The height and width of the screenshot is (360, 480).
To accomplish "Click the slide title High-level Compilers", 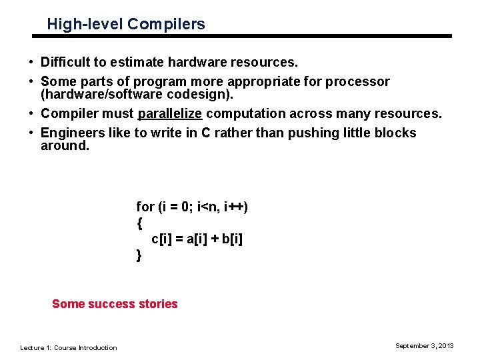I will pos(126,25).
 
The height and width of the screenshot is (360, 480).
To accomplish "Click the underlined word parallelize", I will pos(169,114).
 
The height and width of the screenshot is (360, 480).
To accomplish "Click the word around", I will pos(65,145).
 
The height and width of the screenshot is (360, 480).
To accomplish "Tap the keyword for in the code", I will pos(145,207).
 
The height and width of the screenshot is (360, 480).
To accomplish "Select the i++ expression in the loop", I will pos(236,207).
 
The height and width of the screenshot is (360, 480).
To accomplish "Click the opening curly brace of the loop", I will pos(139,223).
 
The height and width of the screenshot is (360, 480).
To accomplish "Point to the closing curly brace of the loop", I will pos(139,255).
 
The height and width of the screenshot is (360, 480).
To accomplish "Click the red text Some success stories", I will pos(115,304).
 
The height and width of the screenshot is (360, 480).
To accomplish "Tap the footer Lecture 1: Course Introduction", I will pos(69,347).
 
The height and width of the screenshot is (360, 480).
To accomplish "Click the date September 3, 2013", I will pos(424,345).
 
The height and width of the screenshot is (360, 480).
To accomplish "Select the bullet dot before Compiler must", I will pos(31,114).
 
